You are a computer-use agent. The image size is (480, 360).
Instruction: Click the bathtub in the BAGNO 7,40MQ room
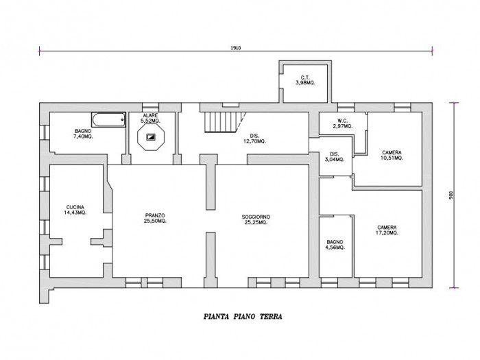(108, 119)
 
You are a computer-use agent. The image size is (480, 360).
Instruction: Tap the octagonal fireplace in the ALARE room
(151, 137)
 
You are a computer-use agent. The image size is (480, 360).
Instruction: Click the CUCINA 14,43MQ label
(75, 210)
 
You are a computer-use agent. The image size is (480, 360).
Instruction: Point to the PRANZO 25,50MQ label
(155, 218)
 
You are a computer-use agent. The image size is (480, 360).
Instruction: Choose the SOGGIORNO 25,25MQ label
(256, 220)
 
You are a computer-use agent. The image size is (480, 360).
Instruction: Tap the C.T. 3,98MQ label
(305, 80)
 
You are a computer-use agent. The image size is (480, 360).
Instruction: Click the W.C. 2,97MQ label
(343, 123)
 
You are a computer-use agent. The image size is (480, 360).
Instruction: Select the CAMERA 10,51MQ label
(392, 155)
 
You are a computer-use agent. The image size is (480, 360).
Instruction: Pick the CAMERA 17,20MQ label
(387, 230)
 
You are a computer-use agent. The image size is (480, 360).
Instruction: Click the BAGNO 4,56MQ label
(335, 245)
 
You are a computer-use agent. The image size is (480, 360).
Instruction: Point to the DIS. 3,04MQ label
(335, 157)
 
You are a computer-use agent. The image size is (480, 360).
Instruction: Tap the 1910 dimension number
(236, 48)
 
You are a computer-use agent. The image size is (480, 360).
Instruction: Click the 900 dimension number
(451, 195)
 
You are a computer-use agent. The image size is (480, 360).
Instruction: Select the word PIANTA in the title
(216, 317)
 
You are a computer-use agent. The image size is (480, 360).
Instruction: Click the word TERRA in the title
(272, 317)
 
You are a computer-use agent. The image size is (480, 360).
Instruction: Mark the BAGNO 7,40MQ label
(83, 134)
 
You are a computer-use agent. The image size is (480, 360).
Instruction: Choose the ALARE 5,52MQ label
(150, 118)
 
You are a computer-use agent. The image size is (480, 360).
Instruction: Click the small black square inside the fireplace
(151, 137)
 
